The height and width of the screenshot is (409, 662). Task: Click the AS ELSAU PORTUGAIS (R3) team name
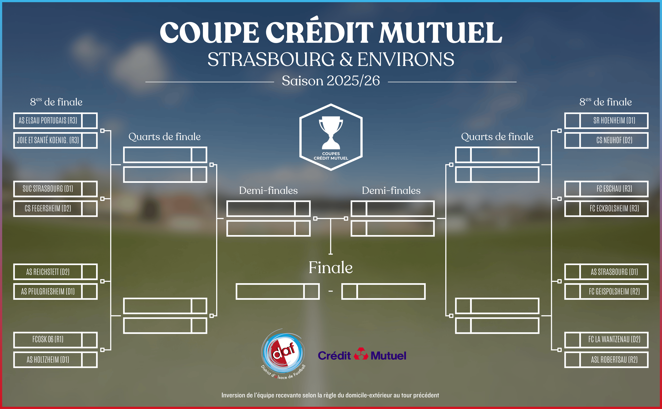click(x=48, y=120)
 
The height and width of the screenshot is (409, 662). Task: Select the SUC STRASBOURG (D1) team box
click(x=48, y=188)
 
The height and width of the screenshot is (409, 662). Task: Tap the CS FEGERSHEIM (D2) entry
click(x=48, y=208)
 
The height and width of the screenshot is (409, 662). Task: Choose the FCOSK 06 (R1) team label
click(x=48, y=339)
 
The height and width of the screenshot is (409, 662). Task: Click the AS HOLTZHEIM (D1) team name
click(x=48, y=359)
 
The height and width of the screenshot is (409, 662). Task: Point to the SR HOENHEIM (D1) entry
click(x=614, y=120)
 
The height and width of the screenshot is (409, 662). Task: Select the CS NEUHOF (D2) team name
click(x=614, y=140)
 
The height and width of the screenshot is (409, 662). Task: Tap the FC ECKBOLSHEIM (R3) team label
click(x=614, y=208)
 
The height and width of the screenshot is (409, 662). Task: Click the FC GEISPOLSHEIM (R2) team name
click(x=614, y=291)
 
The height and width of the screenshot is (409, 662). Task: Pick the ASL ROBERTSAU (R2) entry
click(x=614, y=359)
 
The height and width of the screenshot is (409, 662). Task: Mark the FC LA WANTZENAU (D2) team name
click(x=614, y=339)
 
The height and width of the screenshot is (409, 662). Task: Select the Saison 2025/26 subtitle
click(x=331, y=81)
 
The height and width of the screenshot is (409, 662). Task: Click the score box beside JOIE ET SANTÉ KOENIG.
click(x=89, y=140)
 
